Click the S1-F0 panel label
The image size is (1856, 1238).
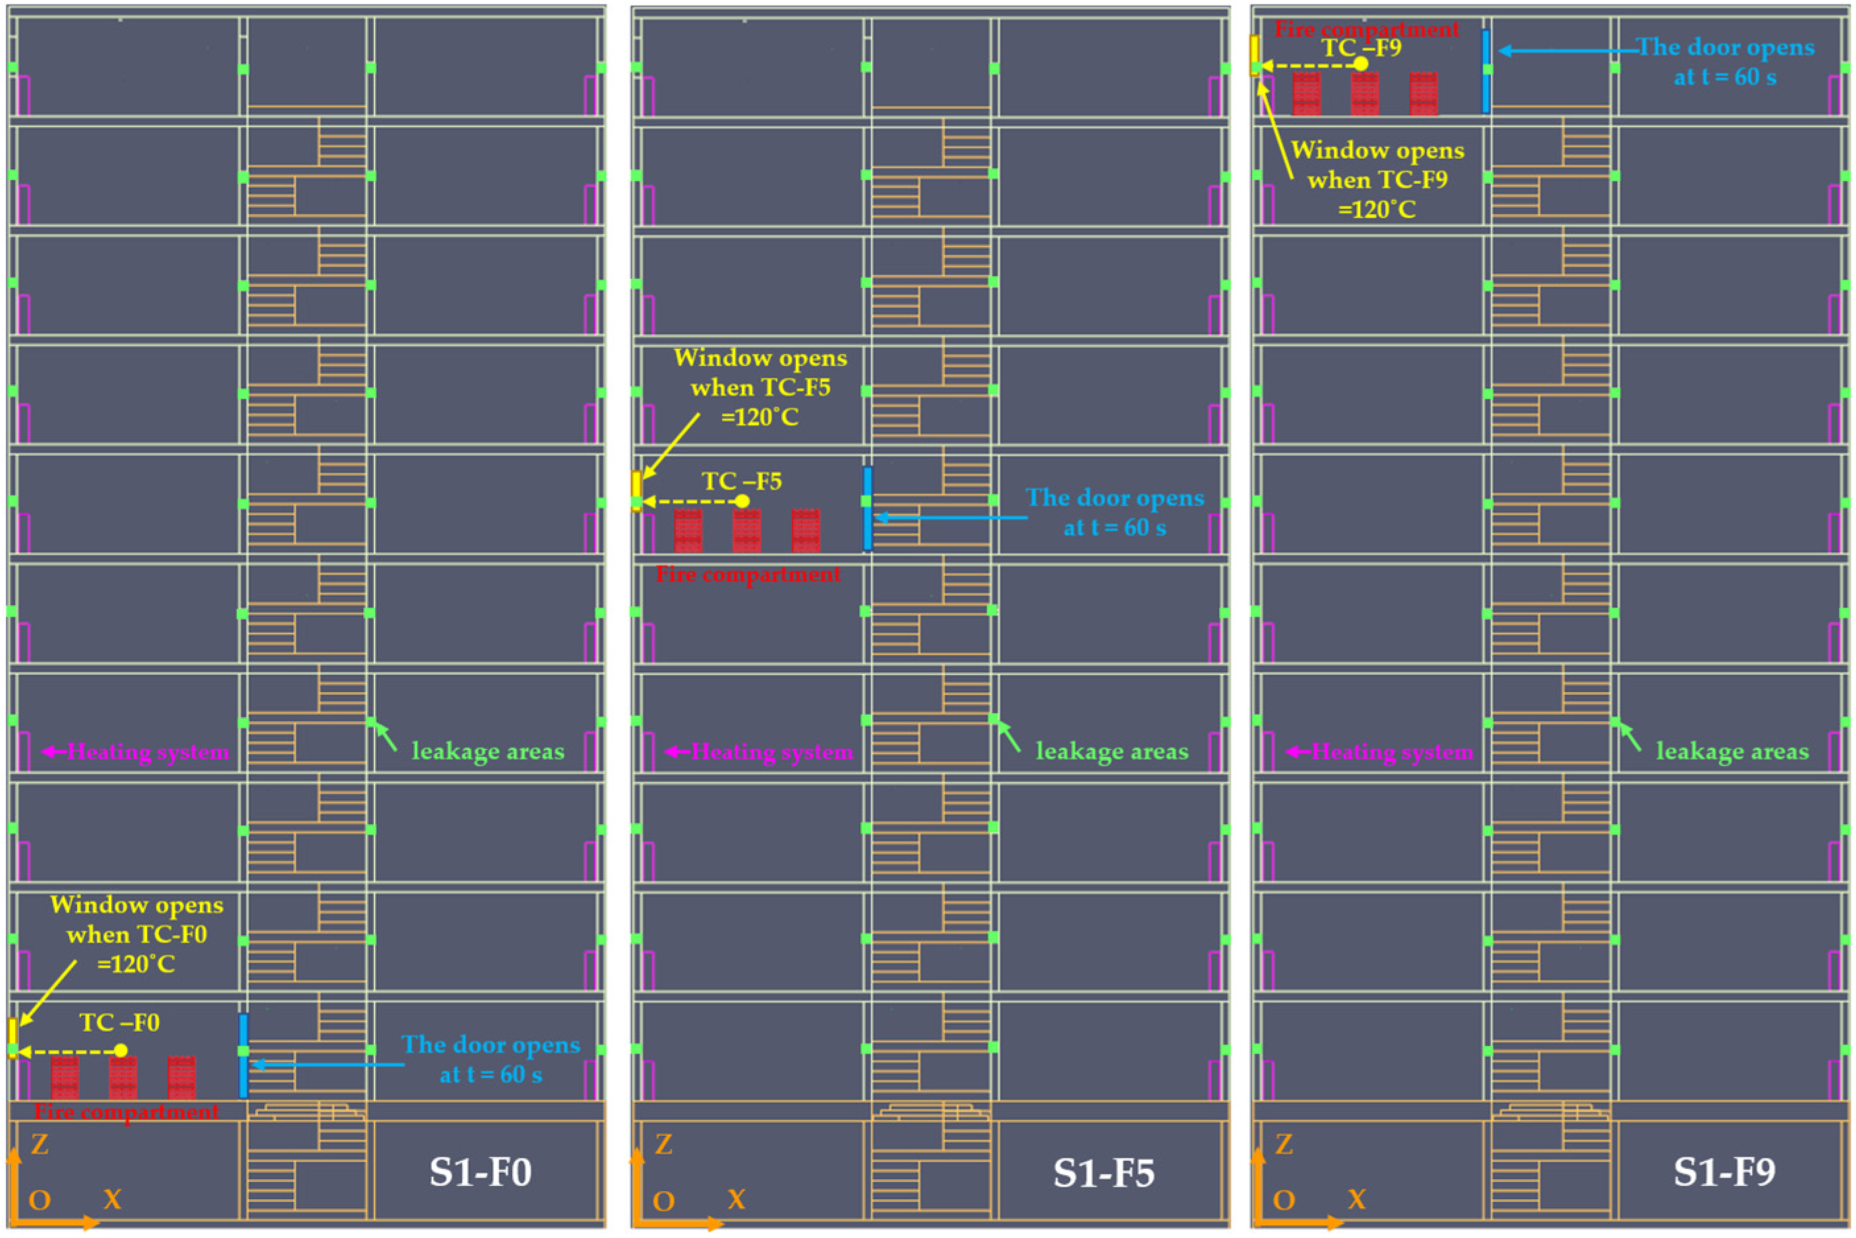[x=480, y=1171]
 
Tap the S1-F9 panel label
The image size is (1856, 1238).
[x=1724, y=1171]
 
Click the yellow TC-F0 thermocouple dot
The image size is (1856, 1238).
[x=120, y=1050]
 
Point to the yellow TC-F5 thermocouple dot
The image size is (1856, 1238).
[x=742, y=502]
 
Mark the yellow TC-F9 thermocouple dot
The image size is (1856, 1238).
[x=1361, y=64]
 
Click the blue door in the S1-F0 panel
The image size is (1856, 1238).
[x=243, y=1055]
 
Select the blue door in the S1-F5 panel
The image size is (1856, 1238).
[x=868, y=508]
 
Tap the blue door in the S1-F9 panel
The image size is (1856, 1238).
[x=1485, y=71]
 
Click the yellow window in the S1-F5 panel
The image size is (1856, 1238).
[x=636, y=490]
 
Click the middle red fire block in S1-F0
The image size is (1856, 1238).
[x=123, y=1078]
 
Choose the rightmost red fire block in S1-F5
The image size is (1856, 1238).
[x=806, y=530]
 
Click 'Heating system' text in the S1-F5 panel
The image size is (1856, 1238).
[x=771, y=752]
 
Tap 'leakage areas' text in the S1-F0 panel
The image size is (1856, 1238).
[x=488, y=751]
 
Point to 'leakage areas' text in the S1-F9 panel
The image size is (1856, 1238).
[x=1732, y=751]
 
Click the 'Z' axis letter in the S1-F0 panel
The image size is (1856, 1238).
[x=40, y=1144]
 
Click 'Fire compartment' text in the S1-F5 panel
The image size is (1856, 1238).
[x=748, y=574]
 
